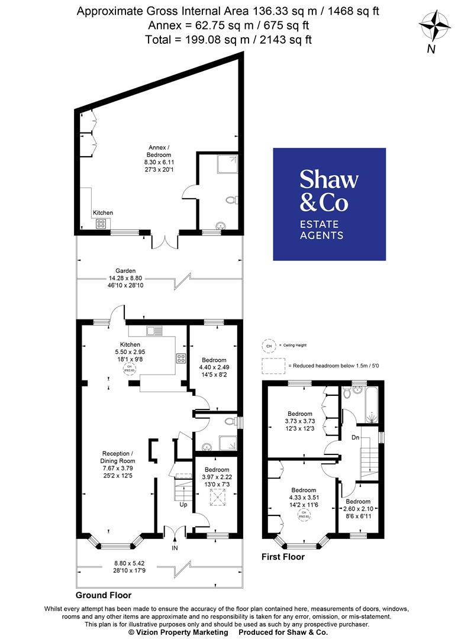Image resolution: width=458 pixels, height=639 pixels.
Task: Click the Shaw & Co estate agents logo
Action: tap(329, 204)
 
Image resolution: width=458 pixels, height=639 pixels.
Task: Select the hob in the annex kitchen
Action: tap(101, 224)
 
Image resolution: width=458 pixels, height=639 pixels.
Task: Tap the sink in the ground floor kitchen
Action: tap(154, 331)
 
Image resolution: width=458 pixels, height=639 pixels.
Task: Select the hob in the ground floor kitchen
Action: tap(181, 358)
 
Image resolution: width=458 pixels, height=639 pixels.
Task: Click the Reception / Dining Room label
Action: tap(118, 464)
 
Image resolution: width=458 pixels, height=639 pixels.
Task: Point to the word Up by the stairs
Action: tap(184, 505)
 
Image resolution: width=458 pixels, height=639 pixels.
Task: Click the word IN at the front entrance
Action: tap(175, 548)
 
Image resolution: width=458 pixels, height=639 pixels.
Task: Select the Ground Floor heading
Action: tap(104, 595)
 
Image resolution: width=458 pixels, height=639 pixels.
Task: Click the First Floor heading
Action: tap(283, 557)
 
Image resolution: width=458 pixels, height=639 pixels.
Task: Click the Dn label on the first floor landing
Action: tap(354, 422)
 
